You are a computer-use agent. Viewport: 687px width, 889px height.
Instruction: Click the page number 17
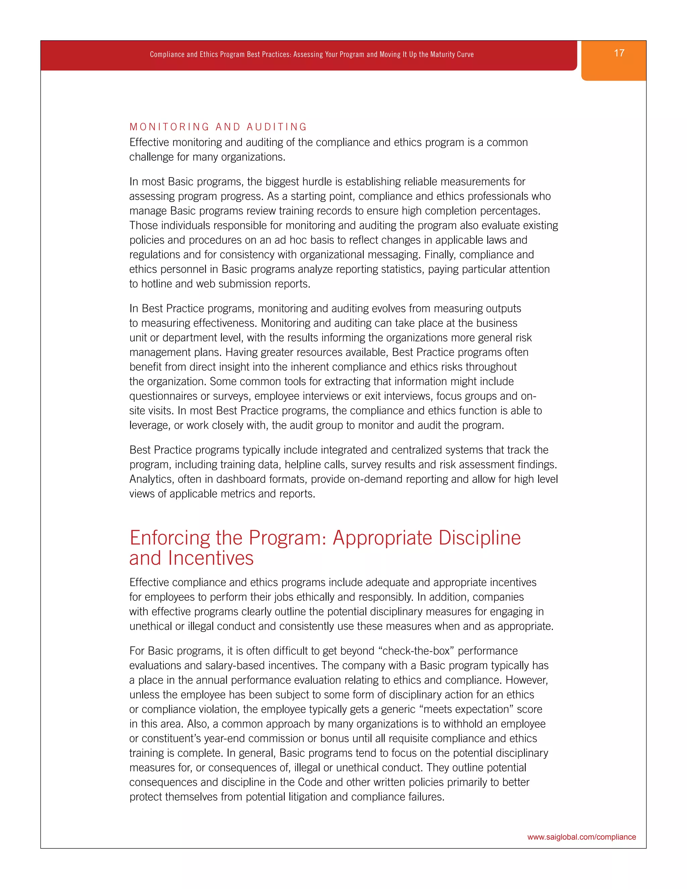(619, 53)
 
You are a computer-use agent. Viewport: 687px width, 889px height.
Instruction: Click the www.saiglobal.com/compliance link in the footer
(581, 837)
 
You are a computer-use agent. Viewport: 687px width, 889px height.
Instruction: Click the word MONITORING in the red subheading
(169, 127)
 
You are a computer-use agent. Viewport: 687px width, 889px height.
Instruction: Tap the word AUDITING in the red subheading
(276, 127)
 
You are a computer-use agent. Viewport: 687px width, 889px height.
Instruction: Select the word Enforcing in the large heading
(169, 538)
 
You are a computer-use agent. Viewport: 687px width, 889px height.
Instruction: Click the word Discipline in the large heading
(479, 538)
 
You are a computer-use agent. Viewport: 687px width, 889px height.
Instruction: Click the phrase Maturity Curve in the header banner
(452, 55)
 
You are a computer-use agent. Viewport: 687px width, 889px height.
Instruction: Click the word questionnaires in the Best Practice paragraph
(163, 396)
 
